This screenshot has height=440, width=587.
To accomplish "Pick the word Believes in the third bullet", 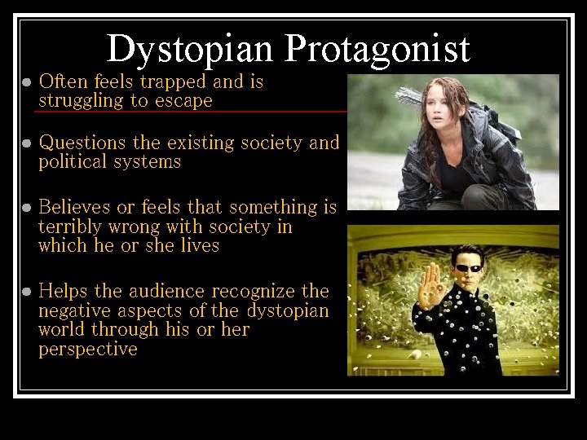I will pyautogui.click(x=78, y=207).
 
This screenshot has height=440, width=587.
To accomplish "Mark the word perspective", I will pyautogui.click(x=87, y=350).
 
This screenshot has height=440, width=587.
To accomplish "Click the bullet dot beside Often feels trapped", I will pyautogui.click(x=26, y=82).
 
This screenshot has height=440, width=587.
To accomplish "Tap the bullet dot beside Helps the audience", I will pyautogui.click(x=26, y=292).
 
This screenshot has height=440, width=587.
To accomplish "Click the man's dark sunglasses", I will pyautogui.click(x=468, y=268).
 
